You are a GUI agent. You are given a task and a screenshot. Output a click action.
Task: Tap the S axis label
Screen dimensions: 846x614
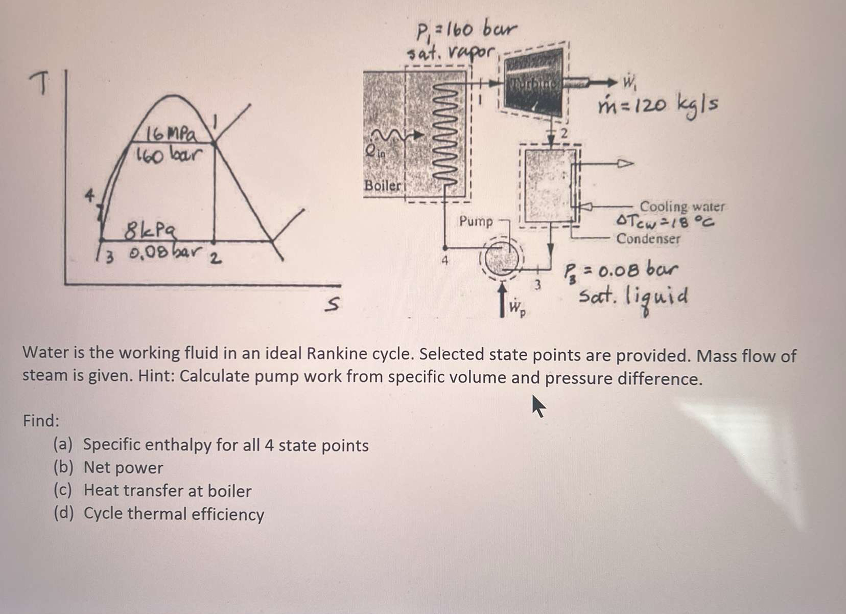(x=333, y=305)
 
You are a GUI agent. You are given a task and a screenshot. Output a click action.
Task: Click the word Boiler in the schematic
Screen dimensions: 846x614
(x=382, y=185)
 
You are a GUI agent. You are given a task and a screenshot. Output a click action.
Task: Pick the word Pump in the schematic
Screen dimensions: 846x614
(x=476, y=221)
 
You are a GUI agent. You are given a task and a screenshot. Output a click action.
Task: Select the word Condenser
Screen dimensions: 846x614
(x=648, y=239)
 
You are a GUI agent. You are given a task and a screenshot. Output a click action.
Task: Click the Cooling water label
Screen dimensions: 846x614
(x=682, y=207)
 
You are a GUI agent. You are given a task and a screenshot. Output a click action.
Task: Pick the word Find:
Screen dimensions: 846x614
(x=41, y=421)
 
